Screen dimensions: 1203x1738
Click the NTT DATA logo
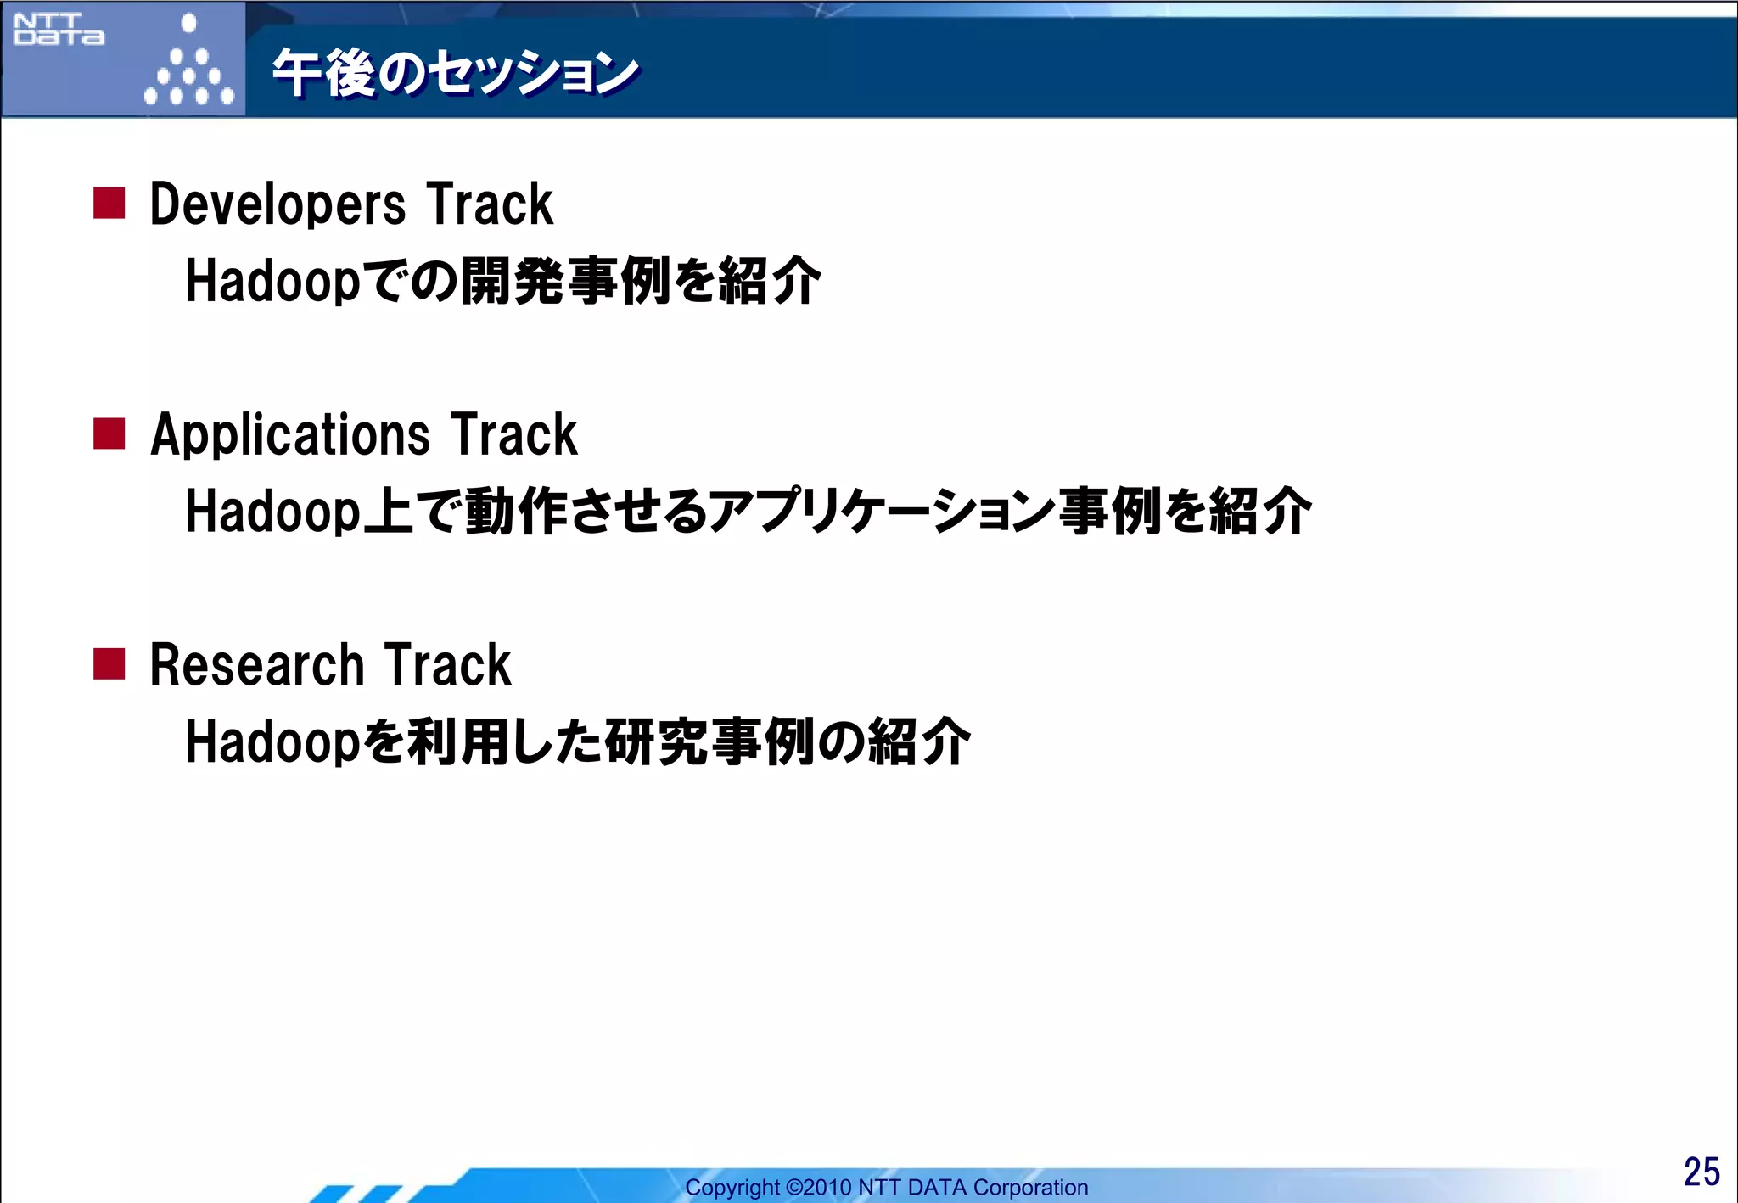(59, 30)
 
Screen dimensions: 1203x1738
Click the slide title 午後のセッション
(455, 73)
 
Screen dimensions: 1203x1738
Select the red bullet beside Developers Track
(109, 204)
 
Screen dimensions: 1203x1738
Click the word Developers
(278, 205)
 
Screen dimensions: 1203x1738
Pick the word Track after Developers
(490, 204)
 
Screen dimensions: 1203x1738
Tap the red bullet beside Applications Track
(109, 434)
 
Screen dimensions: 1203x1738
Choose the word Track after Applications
(513, 435)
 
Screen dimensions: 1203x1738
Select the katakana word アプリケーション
(883, 512)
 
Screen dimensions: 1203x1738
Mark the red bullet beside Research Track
(109, 664)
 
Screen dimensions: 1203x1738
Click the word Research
(256, 665)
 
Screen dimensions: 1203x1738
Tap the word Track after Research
(447, 665)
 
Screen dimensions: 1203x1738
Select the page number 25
(1701, 1172)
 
